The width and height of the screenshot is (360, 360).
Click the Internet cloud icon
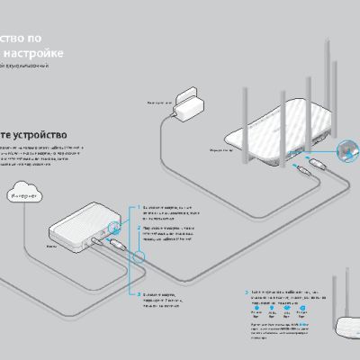click(x=26, y=191)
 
